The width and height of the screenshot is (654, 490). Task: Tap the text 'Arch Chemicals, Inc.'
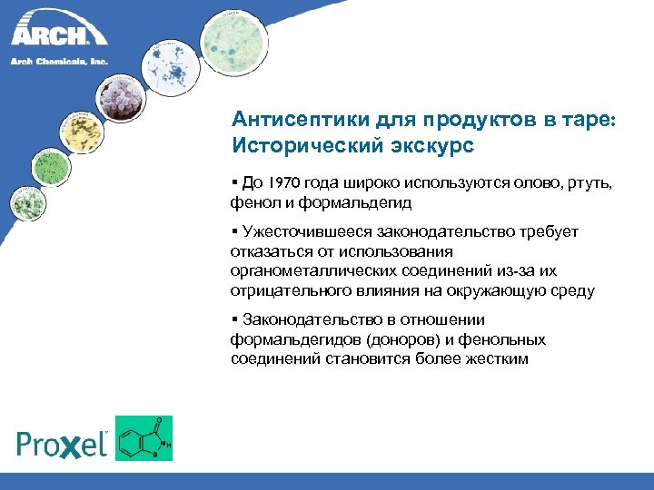coord(59,62)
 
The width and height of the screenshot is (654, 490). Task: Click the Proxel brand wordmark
coord(63,443)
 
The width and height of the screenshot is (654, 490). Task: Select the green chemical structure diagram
coord(144,438)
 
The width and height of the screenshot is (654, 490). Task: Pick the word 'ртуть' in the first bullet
coord(590,183)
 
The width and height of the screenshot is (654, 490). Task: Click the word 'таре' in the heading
coord(587,120)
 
